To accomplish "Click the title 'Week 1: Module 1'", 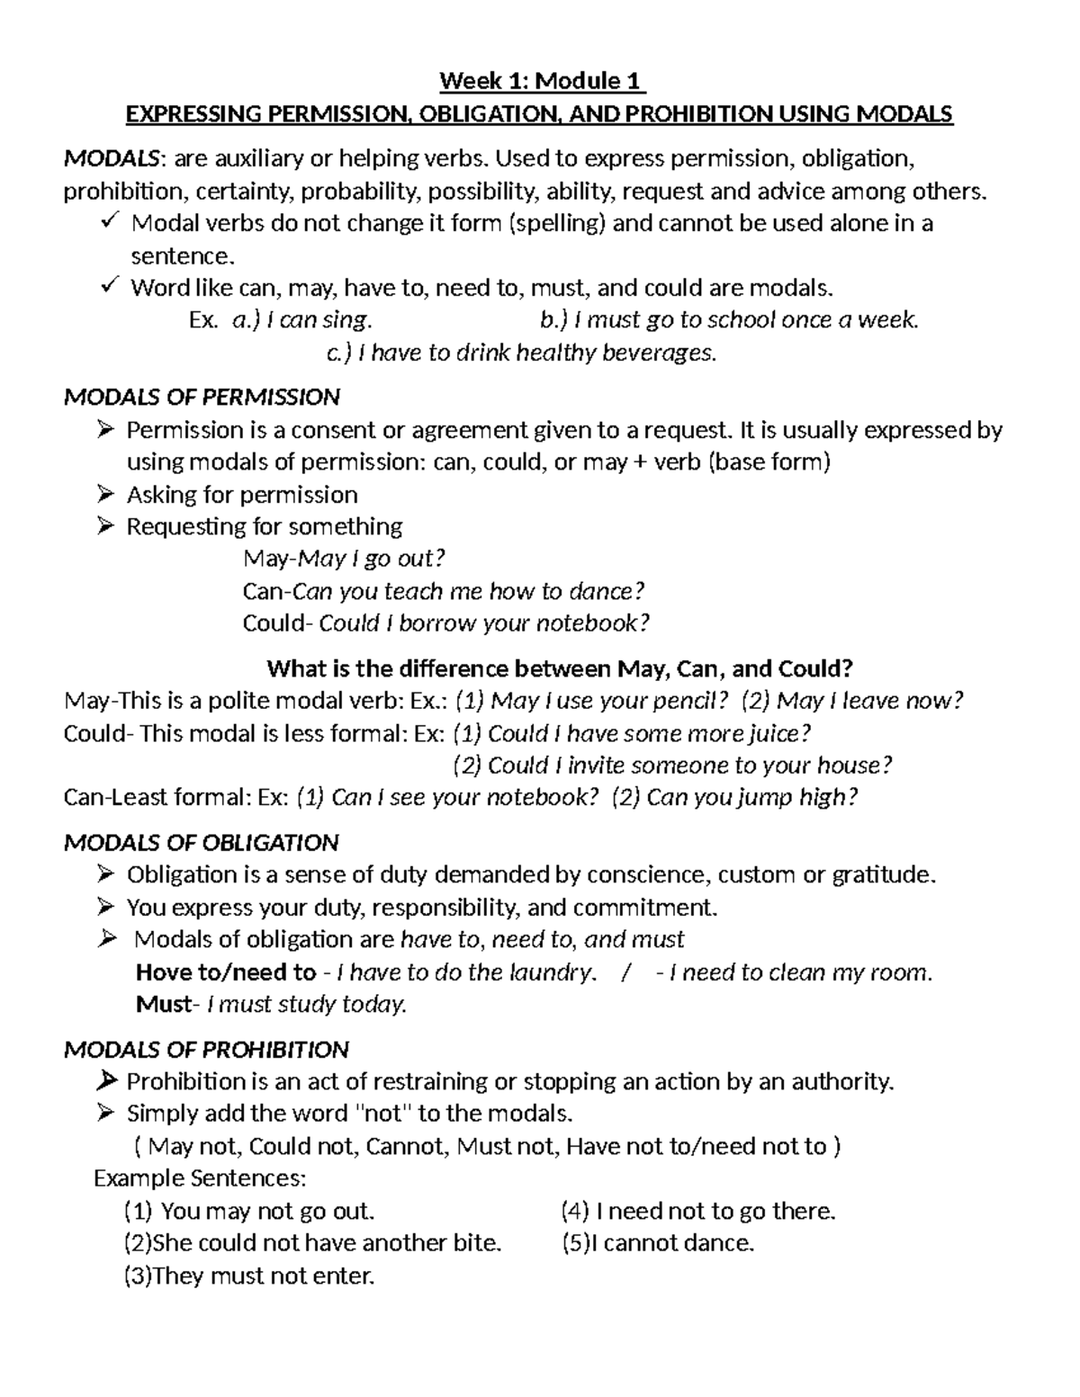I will (x=541, y=82).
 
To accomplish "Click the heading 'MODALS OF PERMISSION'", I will (x=202, y=397).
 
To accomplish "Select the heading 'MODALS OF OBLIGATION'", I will (x=202, y=843).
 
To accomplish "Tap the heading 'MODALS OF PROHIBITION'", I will (x=206, y=1050).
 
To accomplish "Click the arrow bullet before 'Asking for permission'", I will (x=105, y=495).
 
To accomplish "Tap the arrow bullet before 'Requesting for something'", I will (x=105, y=526).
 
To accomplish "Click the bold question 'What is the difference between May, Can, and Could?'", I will (x=559, y=669).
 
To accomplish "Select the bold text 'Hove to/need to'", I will (x=225, y=972).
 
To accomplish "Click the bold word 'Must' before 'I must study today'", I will (x=163, y=1004).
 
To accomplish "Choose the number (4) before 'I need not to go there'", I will (x=574, y=1212).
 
